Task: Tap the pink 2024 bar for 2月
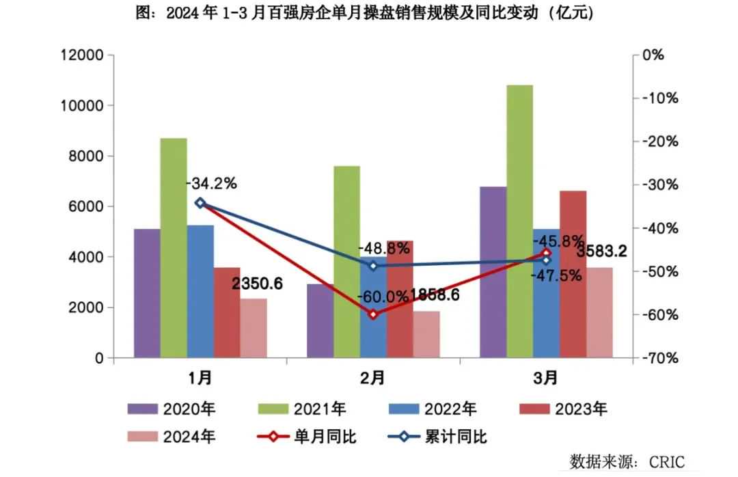[x=427, y=334]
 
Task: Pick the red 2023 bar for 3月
[x=573, y=273]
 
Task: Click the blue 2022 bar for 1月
[x=200, y=290]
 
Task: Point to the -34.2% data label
[x=211, y=183]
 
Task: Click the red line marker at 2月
[x=373, y=314]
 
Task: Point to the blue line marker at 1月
[x=200, y=202]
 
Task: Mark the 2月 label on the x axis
[x=373, y=377]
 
